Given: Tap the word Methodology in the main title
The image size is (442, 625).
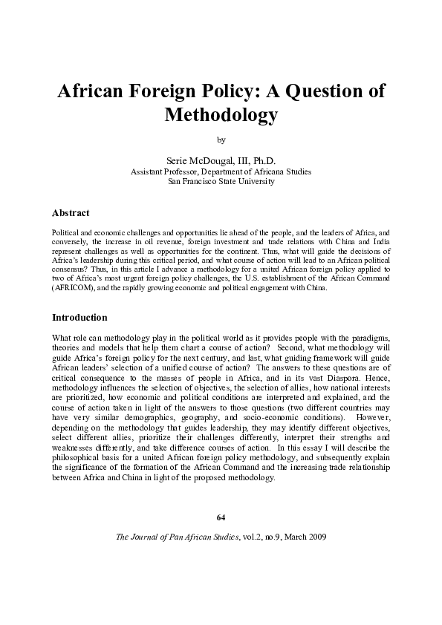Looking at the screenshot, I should click(221, 115).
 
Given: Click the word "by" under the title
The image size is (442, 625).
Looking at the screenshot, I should click(221, 139).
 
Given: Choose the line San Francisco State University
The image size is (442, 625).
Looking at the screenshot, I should click(221, 181).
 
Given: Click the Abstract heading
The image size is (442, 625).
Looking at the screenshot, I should click(71, 213).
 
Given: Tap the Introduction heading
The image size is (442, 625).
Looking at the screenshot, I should click(79, 317).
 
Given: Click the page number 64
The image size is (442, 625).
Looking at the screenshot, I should click(221, 517).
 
